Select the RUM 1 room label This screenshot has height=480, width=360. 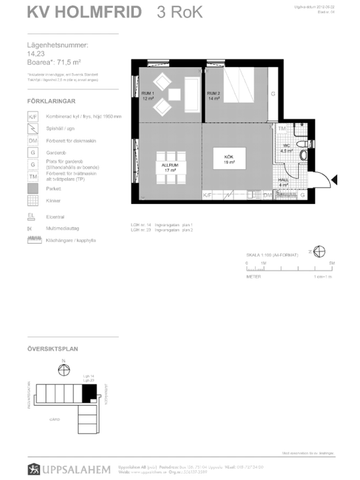pos(147,98)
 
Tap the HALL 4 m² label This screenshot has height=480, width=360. pos(283,184)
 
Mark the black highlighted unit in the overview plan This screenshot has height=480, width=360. pos(87,394)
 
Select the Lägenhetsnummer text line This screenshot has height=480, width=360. pos(58,46)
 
